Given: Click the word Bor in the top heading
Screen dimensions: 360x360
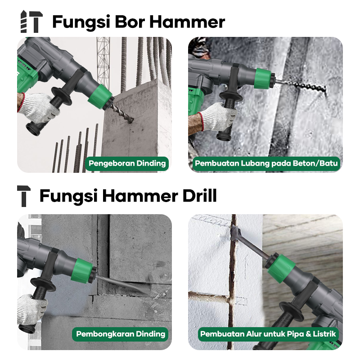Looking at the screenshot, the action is point(130,22).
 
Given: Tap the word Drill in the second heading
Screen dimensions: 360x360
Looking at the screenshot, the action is point(199,196).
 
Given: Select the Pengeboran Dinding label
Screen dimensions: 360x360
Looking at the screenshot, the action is point(127,163).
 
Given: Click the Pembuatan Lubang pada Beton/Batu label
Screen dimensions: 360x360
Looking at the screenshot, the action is point(266,163).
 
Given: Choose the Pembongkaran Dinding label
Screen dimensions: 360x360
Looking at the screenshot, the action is point(121,334).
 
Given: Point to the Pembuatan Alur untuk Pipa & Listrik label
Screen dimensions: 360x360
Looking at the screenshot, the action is point(268,334).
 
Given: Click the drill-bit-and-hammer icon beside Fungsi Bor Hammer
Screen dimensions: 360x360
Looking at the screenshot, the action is point(31,22).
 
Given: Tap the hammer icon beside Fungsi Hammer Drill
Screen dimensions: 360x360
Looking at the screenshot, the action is point(24,196).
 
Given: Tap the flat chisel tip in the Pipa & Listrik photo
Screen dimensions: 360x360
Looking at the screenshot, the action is point(235,233).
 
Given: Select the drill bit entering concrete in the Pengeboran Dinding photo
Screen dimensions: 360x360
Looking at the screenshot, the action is point(121,114).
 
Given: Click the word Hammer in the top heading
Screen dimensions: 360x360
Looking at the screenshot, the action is point(187,22).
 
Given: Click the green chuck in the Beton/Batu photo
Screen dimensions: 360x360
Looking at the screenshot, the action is point(264,78).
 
